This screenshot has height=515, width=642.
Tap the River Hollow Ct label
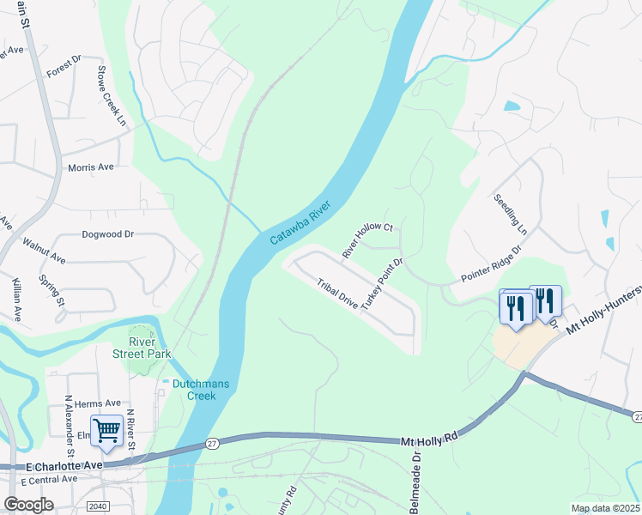tap(366, 239)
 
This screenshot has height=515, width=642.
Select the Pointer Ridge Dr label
tap(492, 264)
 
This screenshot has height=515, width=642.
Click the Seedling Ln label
tap(509, 214)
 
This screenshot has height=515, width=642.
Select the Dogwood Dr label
tap(108, 233)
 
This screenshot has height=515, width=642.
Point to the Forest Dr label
tap(64, 66)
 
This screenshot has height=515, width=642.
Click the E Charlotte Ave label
tap(64, 464)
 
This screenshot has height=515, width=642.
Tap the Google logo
tap(28, 505)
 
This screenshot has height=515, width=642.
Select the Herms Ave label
tap(98, 403)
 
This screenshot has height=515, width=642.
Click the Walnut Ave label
tap(44, 251)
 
